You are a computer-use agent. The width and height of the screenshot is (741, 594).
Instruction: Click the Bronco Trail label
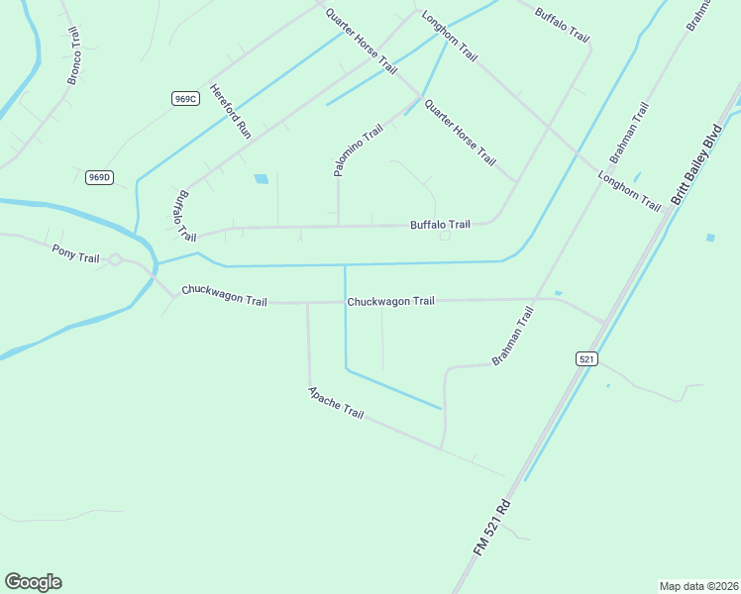click(72, 56)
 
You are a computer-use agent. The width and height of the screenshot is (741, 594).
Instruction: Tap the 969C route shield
click(185, 98)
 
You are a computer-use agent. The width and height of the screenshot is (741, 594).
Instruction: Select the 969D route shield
click(99, 177)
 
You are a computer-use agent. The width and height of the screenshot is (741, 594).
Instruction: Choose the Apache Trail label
click(336, 401)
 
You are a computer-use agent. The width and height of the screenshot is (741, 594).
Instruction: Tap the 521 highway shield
click(586, 359)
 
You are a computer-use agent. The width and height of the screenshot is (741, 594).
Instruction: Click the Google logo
click(33, 582)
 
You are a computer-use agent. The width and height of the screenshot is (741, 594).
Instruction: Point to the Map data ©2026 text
click(698, 585)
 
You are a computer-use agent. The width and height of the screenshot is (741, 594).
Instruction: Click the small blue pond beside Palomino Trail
click(262, 179)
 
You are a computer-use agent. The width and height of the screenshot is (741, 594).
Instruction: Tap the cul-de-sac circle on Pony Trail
click(115, 260)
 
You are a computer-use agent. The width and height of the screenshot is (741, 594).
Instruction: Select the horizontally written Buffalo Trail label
click(440, 225)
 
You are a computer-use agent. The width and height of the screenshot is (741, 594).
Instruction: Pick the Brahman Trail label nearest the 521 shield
click(512, 336)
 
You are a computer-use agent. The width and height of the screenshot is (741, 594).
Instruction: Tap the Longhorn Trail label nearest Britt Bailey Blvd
click(629, 191)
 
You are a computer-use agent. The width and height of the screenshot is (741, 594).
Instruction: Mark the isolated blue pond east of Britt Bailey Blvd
click(710, 238)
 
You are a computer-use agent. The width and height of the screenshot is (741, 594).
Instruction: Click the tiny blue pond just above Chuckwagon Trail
click(559, 293)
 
